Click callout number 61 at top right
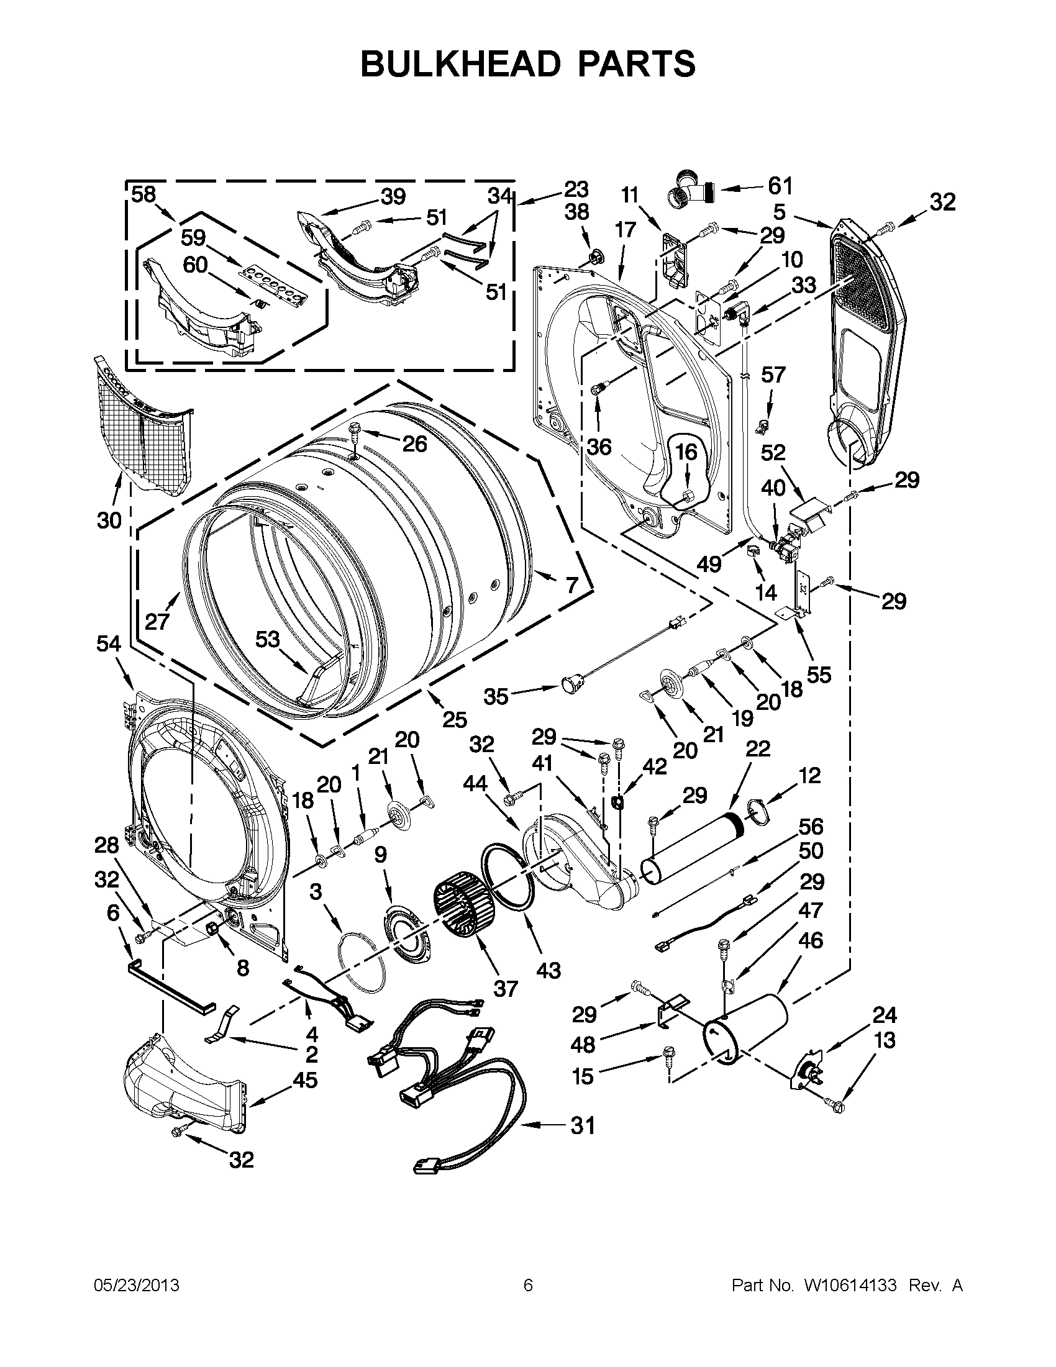click(780, 186)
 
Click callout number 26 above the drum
click(414, 444)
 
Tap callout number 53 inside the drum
click(267, 639)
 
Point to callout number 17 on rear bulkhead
click(625, 230)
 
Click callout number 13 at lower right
click(885, 1041)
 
